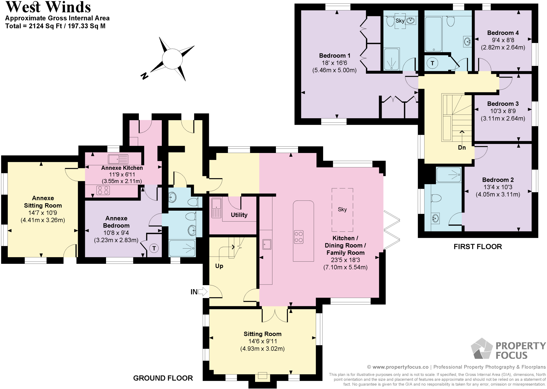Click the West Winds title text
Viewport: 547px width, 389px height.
[48, 7]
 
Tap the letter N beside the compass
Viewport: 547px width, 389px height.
[144, 76]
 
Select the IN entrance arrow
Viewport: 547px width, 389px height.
[203, 292]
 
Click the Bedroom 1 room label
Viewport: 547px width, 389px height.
[334, 56]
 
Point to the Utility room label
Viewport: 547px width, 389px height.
[239, 215]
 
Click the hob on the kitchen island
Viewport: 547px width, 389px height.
[299, 237]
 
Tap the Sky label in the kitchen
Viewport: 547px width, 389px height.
[342, 209]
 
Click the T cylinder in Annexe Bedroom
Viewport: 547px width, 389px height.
[154, 248]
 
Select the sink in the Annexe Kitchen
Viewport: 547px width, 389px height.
[118, 159]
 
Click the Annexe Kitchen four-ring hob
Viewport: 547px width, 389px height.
[103, 190]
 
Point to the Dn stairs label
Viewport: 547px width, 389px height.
[462, 148]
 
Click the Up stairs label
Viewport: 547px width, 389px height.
[219, 266]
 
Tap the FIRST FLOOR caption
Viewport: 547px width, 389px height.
[478, 246]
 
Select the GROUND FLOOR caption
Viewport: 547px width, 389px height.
[163, 378]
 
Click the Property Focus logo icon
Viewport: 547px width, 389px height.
[481, 349]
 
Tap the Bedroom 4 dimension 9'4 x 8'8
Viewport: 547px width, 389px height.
[503, 40]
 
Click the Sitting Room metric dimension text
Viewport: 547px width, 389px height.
[262, 349]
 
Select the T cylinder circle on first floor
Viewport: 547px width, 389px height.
[432, 63]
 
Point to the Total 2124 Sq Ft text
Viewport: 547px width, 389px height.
[55, 26]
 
